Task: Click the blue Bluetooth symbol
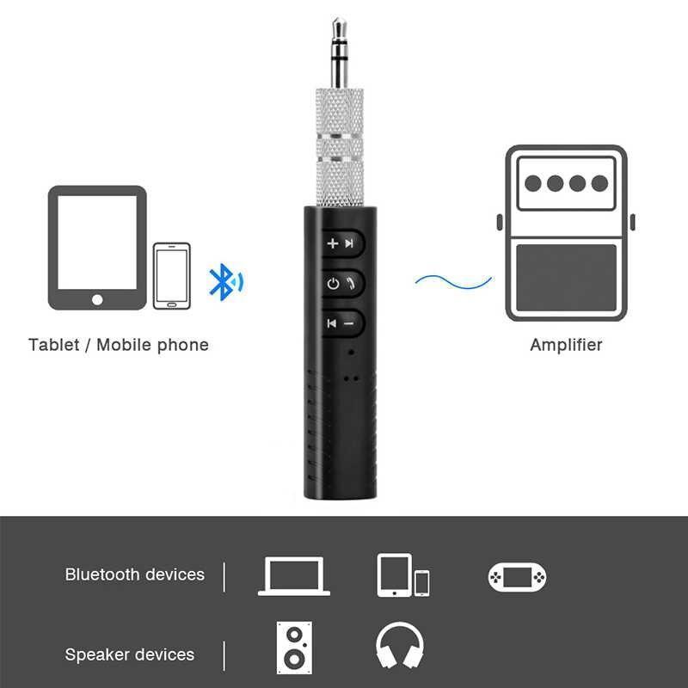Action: pos(223,280)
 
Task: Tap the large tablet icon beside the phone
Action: pos(96,248)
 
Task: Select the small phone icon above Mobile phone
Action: pos(171,275)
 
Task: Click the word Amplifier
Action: pos(566,345)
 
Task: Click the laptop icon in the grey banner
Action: pos(294,575)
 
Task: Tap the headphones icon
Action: pos(401,648)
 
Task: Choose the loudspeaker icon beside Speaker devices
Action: pos(294,648)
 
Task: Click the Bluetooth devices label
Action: pos(135,574)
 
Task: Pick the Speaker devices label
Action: pos(130,654)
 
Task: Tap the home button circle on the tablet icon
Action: pos(96,299)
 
